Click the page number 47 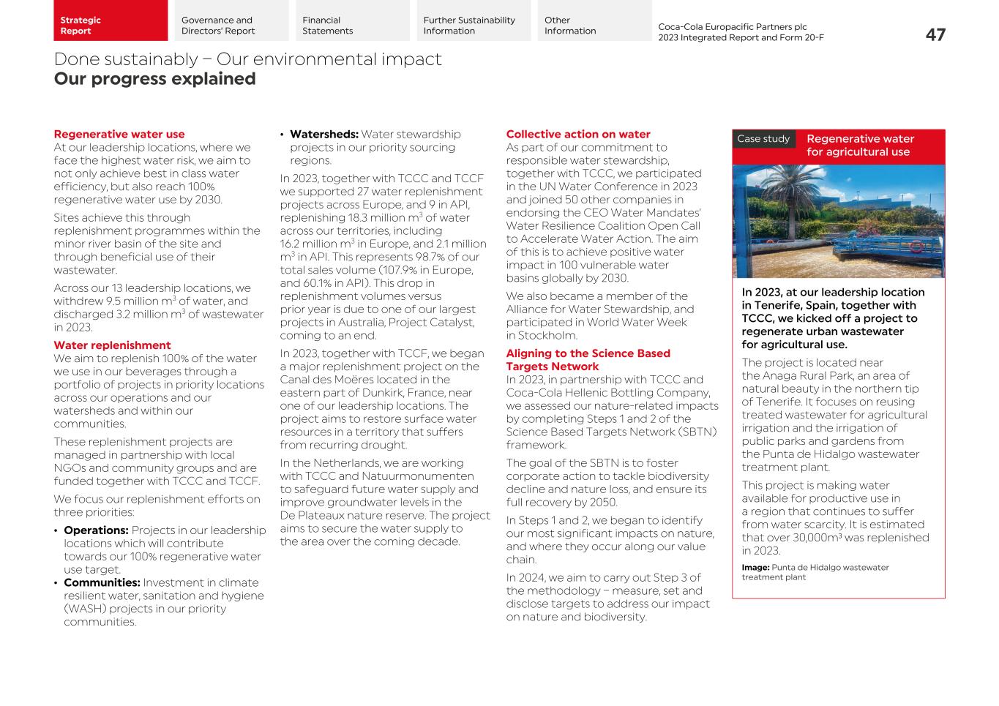935,34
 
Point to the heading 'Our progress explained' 154,79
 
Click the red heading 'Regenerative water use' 119,135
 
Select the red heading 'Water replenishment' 112,345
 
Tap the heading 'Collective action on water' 578,135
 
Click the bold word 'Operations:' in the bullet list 96,530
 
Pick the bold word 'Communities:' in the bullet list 102,583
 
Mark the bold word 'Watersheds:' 323,135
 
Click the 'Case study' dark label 763,139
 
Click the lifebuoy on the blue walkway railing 916,247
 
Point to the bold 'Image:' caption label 755,568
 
